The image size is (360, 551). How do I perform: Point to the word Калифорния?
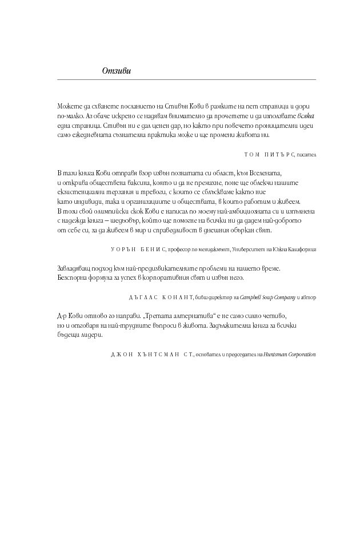(x=301, y=250)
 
